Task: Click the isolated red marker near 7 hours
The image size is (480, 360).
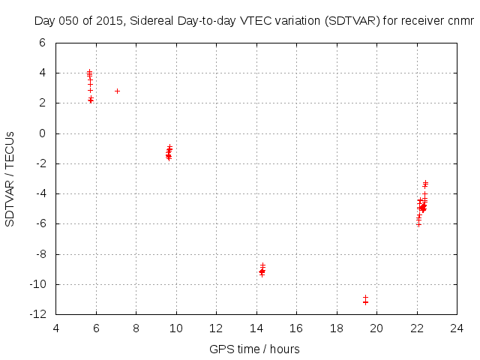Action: [x=117, y=91]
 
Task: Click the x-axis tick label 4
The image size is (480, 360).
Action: [x=56, y=328]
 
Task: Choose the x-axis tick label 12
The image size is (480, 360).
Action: [x=216, y=328]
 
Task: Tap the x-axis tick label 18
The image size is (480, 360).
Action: [x=337, y=328]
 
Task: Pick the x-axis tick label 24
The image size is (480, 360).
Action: [x=457, y=328]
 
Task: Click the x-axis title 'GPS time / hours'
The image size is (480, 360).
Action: [x=256, y=349]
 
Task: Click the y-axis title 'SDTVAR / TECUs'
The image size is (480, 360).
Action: [x=10, y=178]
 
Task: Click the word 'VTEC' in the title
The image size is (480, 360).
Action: [x=253, y=21]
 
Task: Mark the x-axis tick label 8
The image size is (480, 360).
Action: [x=136, y=328]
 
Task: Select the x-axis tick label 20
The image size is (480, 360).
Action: [x=376, y=328]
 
